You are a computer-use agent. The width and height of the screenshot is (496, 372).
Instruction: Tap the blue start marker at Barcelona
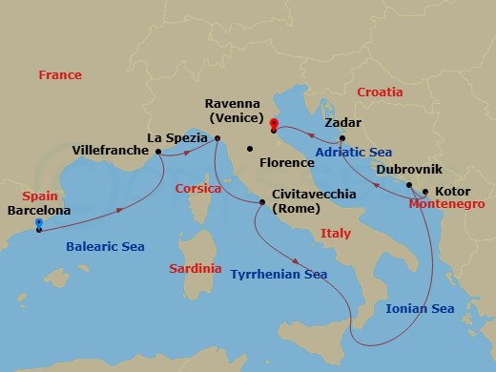coord(39,224)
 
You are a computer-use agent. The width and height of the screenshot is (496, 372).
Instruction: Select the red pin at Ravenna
coord(273,124)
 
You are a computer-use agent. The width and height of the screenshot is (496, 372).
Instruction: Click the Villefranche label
coord(111,151)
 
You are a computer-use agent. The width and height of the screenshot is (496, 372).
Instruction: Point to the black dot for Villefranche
coord(157,151)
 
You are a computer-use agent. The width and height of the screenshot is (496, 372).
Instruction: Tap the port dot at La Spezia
coord(217,139)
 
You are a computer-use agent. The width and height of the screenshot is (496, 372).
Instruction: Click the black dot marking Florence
coord(248,149)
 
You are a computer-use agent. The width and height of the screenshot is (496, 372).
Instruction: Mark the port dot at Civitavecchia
coord(262,201)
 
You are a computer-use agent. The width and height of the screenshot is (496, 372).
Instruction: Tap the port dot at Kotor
coord(425,191)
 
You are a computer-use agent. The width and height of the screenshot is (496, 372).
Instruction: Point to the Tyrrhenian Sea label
coord(279,275)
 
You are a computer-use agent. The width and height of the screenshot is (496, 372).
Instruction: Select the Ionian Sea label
coord(420,308)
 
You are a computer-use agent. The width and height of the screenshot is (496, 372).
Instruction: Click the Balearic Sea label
coord(105,247)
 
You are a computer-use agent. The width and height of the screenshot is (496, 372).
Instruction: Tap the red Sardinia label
coord(195,269)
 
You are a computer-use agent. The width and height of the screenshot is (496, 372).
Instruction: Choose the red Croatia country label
coord(380,93)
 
